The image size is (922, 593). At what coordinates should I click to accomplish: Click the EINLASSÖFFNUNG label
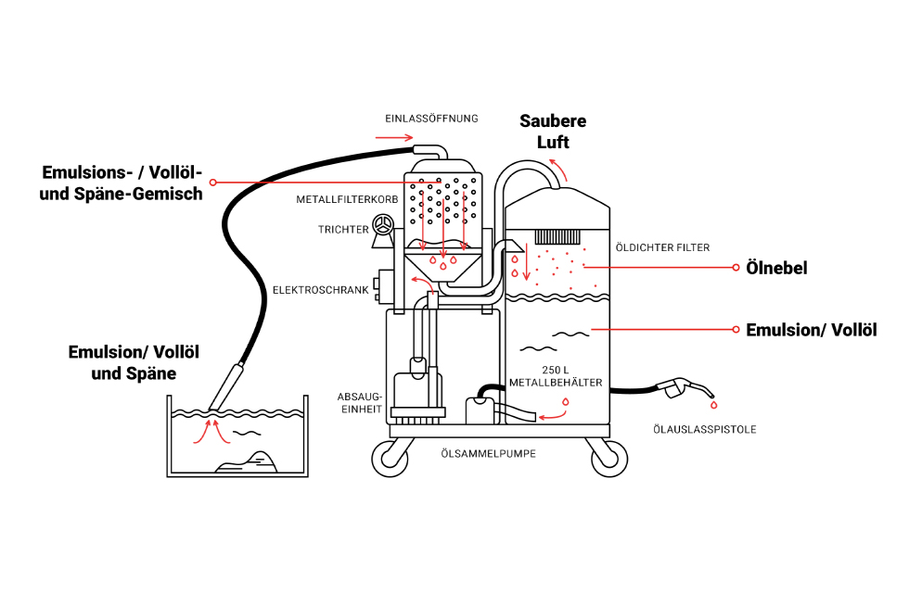click(431, 119)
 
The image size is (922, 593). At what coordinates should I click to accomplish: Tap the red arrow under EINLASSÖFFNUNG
click(394, 138)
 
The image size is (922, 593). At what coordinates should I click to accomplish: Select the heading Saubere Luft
click(553, 132)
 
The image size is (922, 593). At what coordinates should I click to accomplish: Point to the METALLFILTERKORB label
click(347, 199)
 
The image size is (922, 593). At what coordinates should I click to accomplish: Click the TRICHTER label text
click(343, 230)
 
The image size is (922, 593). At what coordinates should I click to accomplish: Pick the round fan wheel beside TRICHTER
click(383, 225)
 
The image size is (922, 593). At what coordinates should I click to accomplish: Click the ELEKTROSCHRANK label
click(320, 290)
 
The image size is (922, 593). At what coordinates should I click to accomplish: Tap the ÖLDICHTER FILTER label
click(662, 247)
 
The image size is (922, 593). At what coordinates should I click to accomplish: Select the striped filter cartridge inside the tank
click(557, 236)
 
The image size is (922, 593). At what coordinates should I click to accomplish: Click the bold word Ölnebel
click(776, 268)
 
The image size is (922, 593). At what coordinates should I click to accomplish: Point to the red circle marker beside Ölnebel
click(736, 268)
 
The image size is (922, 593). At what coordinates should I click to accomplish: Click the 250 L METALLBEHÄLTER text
click(556, 376)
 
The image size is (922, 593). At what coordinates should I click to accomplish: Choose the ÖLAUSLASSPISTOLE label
click(704, 430)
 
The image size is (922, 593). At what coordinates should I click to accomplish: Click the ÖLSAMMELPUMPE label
click(488, 454)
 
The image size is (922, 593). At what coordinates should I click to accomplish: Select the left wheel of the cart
click(390, 458)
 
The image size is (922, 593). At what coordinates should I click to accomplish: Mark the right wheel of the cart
click(609, 458)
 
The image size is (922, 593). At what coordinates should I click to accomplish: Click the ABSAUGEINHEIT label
click(361, 403)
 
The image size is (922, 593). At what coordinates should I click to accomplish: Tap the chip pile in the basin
click(247, 461)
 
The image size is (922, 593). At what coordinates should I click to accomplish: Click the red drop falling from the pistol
click(714, 405)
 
